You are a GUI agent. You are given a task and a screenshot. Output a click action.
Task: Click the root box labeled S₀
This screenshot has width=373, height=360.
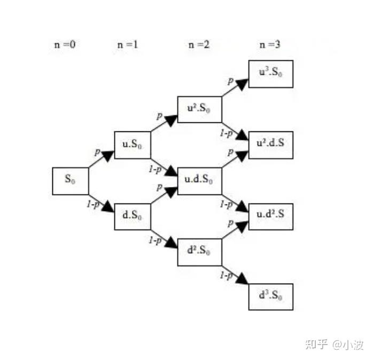point(71,181)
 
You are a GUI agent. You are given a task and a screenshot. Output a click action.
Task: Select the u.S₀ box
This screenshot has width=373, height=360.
point(133,145)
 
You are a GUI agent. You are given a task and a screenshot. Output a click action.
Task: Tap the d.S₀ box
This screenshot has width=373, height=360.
point(133,216)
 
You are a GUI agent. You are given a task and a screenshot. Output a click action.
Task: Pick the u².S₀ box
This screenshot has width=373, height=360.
point(199,109)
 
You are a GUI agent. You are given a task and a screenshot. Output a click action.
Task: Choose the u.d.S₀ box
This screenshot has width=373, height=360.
point(199,181)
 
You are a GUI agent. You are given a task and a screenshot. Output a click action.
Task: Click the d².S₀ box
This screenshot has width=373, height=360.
point(199,252)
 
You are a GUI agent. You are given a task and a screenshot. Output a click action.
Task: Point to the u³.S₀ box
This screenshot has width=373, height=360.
point(271,74)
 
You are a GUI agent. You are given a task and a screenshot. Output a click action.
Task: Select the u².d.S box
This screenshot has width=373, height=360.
point(271,145)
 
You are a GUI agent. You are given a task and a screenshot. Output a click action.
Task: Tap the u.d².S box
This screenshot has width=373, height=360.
point(271,216)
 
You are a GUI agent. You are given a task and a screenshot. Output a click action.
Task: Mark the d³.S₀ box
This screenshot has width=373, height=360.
point(271,297)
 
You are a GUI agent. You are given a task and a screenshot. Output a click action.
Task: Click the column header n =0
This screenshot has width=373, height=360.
point(65,44)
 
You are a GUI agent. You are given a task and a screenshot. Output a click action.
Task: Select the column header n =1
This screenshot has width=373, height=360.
point(128,44)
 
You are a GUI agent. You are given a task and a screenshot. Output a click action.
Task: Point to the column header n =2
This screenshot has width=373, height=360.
point(199,44)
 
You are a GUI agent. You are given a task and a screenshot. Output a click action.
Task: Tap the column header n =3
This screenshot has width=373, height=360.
point(270,44)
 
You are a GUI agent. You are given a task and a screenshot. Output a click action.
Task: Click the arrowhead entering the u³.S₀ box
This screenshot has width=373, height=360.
point(242,84)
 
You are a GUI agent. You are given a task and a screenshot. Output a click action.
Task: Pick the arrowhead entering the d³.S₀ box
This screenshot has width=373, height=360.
point(242,279)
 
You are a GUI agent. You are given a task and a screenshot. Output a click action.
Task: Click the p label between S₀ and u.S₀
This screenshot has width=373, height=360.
point(97,152)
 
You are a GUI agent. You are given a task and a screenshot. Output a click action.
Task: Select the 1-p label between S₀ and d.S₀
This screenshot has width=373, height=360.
point(93,204)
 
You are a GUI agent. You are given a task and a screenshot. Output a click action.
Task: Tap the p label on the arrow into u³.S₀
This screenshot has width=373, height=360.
point(230,81)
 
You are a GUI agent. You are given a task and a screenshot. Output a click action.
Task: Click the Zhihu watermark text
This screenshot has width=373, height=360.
point(334,345)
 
